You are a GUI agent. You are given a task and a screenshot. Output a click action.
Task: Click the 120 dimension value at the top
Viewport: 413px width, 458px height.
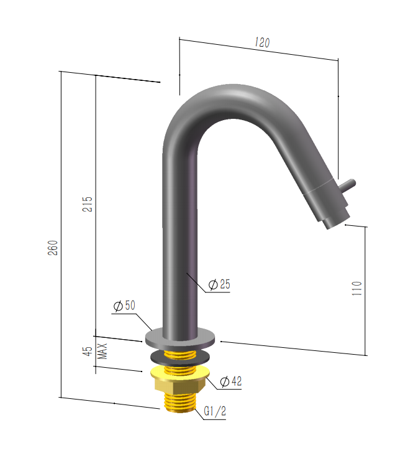(262, 43)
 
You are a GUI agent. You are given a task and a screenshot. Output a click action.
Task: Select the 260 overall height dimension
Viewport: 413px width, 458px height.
(53, 248)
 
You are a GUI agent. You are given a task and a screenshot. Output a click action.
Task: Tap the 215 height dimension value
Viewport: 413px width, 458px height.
(87, 204)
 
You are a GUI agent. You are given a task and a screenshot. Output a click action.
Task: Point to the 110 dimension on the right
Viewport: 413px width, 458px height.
(356, 288)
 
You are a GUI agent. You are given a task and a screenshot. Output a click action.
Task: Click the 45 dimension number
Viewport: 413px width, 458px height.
(88, 351)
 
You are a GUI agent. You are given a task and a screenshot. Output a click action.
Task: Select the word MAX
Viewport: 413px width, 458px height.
(102, 351)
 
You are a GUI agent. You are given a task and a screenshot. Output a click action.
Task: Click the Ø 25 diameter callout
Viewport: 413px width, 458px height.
(219, 284)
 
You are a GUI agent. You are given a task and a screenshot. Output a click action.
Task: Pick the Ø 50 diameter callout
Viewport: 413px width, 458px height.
(124, 306)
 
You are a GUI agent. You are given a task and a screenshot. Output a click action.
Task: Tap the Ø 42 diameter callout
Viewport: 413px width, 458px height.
(231, 381)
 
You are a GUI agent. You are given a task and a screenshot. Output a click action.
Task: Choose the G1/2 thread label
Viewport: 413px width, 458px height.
(215, 411)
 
